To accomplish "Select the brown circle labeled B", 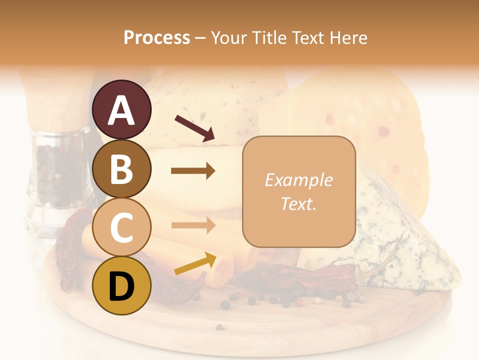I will coord(122,168).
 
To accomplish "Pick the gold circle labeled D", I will coord(122,286).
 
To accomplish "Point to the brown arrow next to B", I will coord(193,171).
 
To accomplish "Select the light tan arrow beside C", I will coord(193,225).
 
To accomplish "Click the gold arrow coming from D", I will coord(195,263).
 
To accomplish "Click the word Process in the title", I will coord(157,38).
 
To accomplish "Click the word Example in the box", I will coord(298,180).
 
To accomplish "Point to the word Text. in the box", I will coord(298,203).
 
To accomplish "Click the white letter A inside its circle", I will coord(122,110).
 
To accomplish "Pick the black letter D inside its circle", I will coord(122,287).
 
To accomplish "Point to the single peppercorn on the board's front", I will coord(220,327).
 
